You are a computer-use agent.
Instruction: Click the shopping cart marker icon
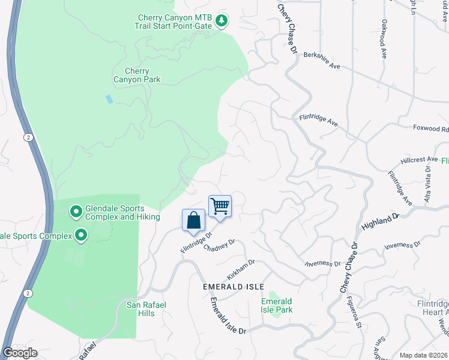tap(220, 206)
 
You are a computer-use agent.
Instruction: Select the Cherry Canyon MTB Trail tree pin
tap(222, 21)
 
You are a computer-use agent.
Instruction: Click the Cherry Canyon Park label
tap(137, 75)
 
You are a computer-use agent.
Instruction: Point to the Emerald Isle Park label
tap(276, 305)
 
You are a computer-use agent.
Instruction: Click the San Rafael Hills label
tap(146, 309)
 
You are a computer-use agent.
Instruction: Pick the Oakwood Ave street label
tap(384, 38)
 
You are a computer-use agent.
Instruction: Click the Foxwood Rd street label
tap(430, 128)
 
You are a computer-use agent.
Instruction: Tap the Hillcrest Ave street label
tap(420, 160)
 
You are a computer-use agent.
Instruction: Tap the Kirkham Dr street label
tap(241, 269)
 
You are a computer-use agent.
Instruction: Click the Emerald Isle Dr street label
tap(228, 317)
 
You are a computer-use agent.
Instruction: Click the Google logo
tap(19, 353)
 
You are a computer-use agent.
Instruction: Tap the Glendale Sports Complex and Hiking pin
tap(76, 211)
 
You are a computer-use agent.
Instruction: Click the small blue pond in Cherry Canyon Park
tap(109, 98)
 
